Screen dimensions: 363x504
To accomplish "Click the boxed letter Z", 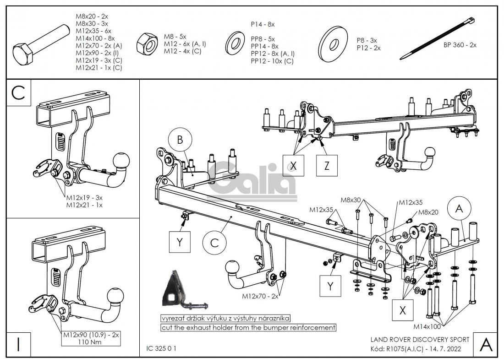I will (x=327, y=166).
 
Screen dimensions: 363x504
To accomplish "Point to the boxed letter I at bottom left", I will (x=18, y=344).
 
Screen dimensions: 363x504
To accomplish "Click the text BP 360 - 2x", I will (x=460, y=45).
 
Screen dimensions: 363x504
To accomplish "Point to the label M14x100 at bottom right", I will (x=427, y=326).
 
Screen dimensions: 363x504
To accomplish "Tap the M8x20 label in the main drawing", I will (x=429, y=212).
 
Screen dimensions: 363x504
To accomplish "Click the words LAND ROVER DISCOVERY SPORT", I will (x=420, y=340).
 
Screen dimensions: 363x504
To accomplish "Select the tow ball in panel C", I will (x=121, y=160).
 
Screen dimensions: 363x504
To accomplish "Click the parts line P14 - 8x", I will (x=263, y=24).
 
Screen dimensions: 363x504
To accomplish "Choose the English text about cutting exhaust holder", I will (x=248, y=328).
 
